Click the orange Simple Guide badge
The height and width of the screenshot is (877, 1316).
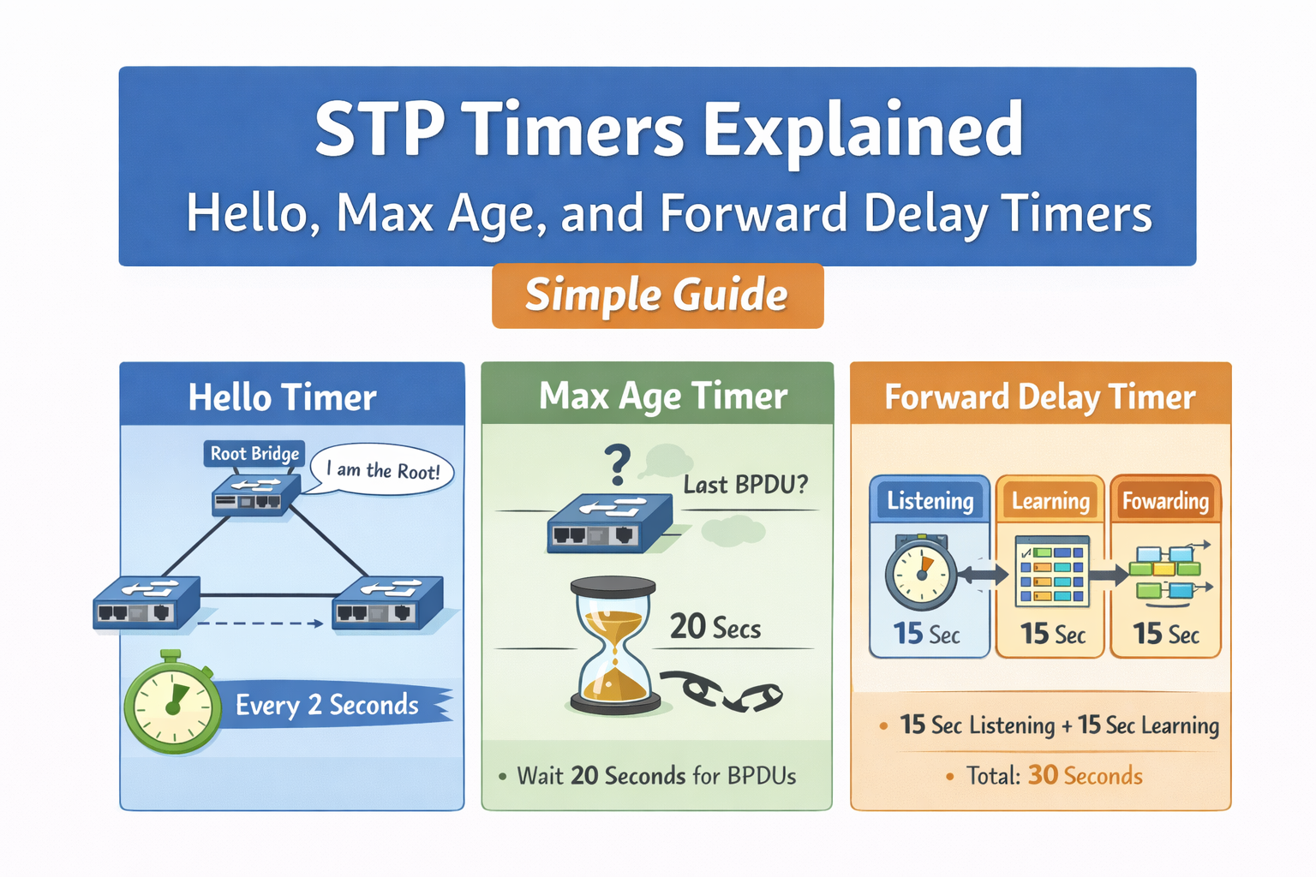point(657,295)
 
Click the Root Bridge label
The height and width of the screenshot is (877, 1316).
point(254,453)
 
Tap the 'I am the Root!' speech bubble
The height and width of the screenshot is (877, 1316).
point(383,470)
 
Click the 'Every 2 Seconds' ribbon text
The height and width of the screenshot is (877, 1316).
point(327,705)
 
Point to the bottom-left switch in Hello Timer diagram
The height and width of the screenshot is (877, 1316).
point(146,602)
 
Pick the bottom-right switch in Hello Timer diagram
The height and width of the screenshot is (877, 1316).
point(387,602)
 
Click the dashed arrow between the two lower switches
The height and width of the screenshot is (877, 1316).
point(261,623)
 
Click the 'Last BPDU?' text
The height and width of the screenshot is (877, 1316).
point(745,485)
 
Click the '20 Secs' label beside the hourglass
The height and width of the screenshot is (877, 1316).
point(715,627)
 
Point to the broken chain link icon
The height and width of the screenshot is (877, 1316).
point(723,690)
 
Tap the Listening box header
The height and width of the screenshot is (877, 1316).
point(930,500)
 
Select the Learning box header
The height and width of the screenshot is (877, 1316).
point(1050,500)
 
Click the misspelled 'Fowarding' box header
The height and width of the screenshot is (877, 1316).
point(1165,500)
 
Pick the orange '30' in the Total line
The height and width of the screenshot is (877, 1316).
point(1043,775)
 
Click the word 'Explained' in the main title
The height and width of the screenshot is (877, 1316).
point(863,130)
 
